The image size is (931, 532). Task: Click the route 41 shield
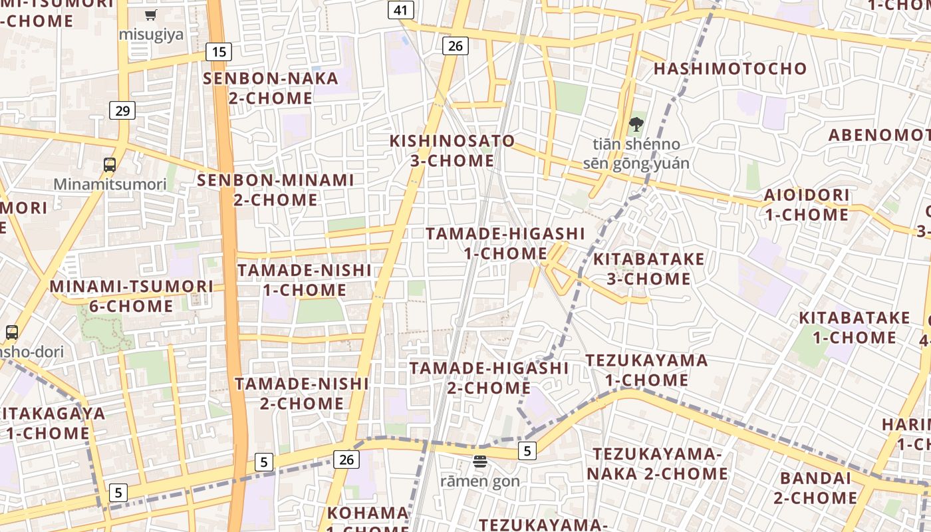click(400, 10)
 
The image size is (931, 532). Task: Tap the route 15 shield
click(218, 52)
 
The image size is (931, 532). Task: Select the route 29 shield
click(122, 110)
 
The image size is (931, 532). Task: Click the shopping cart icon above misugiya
click(151, 15)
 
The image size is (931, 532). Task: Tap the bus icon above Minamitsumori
click(110, 164)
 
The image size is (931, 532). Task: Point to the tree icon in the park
click(636, 124)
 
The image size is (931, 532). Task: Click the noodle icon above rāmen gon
click(480, 461)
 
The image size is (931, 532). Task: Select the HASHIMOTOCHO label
click(730, 68)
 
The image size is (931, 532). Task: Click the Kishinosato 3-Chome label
click(452, 151)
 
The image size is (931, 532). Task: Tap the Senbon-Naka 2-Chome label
click(271, 88)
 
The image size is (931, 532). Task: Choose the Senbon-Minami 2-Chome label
click(275, 190)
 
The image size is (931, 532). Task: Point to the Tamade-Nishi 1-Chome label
click(305, 280)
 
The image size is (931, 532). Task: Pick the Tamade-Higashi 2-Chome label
click(489, 378)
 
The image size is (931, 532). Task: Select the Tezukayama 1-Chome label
click(646, 370)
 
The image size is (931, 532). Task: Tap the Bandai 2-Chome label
click(815, 487)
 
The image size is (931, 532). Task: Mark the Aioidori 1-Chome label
click(807, 205)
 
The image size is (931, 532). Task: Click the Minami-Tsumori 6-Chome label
click(132, 296)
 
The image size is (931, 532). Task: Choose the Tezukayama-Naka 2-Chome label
click(657, 464)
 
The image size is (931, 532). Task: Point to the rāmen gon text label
click(480, 480)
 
